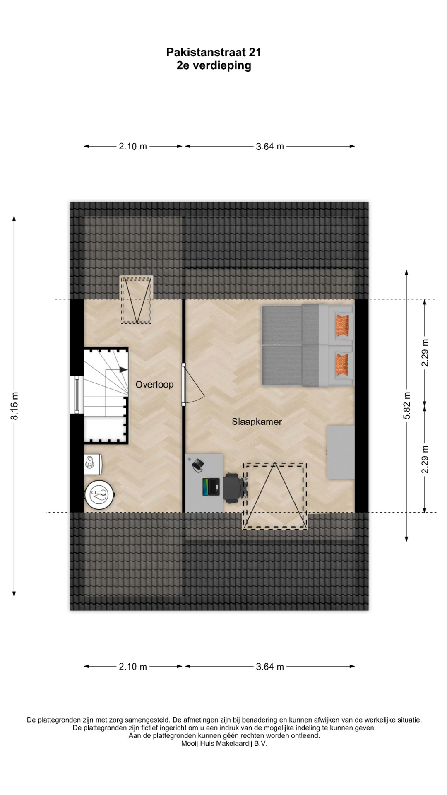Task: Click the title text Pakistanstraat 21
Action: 214,52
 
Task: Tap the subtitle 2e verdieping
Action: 214,65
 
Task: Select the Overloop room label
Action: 154,385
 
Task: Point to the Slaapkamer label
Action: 257,422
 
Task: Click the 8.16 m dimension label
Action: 14,406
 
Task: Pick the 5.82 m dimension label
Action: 407,405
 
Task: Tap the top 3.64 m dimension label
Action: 270,146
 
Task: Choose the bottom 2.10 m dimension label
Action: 133,667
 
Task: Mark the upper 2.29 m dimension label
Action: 425,352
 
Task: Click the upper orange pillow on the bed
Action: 342,325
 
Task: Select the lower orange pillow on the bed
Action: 342,364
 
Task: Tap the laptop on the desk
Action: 211,487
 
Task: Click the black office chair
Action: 235,488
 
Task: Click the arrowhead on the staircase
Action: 123,370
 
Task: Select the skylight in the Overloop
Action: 136,300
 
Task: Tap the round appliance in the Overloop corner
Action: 99,494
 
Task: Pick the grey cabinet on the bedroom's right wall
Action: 341,452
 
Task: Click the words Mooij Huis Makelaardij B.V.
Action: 224,744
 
